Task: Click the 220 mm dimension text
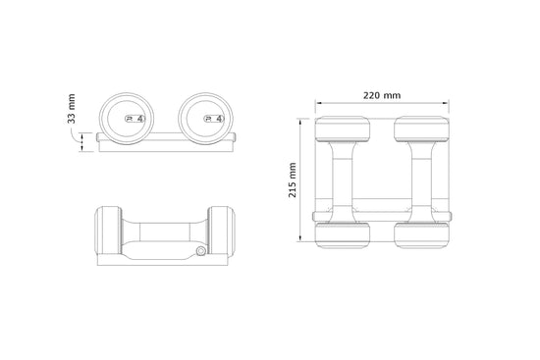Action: point(381,95)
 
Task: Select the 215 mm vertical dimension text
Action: point(293,180)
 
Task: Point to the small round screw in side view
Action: point(201,252)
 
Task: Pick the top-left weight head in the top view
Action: point(341,131)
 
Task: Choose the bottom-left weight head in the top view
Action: point(341,231)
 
